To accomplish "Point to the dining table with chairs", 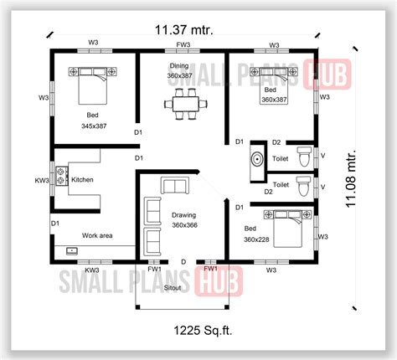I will [x=182, y=105].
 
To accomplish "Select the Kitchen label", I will [x=83, y=179].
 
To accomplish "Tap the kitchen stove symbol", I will [x=62, y=177].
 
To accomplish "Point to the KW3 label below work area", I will [x=91, y=270].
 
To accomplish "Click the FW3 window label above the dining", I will [x=183, y=44].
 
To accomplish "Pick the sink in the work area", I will [x=72, y=250].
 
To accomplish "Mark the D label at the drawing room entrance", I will [x=183, y=261].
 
